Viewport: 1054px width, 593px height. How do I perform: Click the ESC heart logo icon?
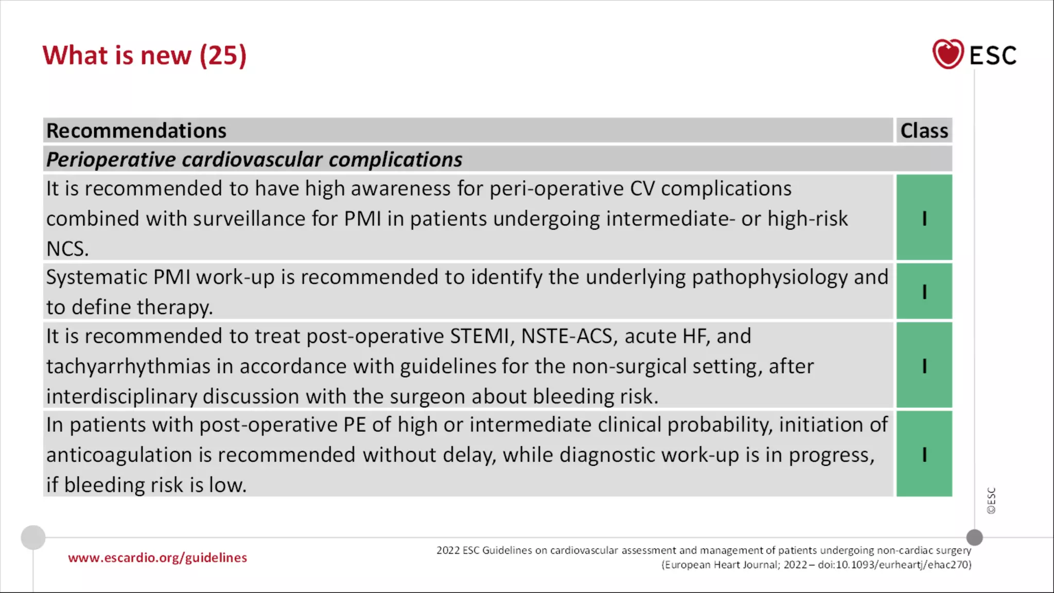[947, 54]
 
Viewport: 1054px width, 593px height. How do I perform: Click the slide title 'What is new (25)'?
[145, 55]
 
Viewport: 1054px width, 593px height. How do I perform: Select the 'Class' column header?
[924, 131]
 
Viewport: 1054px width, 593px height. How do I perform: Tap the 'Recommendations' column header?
[136, 131]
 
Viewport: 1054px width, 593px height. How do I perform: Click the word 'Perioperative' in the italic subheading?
[111, 160]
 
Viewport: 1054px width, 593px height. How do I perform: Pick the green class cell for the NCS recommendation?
[924, 218]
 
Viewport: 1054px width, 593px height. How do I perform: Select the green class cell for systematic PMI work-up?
[924, 291]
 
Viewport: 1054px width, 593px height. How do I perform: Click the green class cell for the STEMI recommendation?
[924, 365]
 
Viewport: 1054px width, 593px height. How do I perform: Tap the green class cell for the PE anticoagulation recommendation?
[924, 454]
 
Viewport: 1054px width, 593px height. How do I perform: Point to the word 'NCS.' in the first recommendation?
[67, 249]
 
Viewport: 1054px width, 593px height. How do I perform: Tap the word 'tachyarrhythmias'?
[128, 367]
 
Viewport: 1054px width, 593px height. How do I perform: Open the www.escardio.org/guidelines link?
[157, 558]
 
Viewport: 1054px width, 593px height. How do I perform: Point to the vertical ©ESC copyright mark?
[991, 500]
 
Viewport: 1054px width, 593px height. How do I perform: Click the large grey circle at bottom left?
[33, 537]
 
